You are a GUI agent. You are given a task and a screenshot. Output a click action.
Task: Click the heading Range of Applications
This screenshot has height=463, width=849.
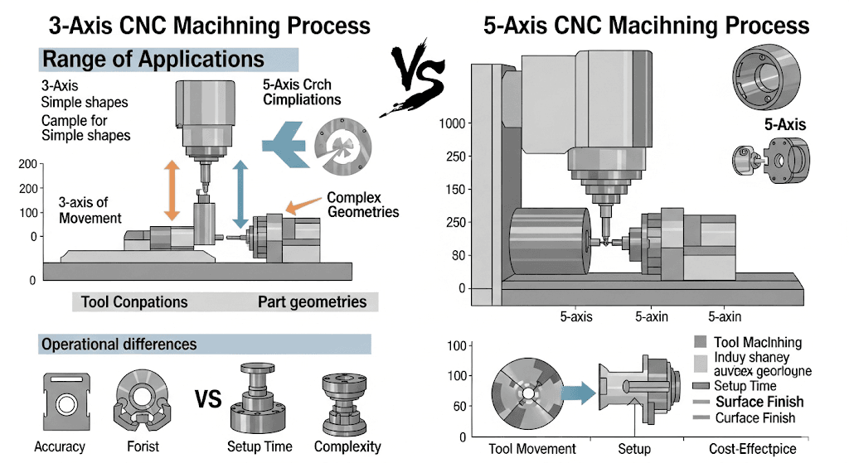point(153,60)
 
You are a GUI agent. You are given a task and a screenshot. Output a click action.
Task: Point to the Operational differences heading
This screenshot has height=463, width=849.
point(119,344)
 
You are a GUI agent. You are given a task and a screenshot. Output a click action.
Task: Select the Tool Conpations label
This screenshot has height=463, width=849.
point(134,301)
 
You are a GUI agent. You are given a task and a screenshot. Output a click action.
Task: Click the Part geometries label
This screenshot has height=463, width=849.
point(312,301)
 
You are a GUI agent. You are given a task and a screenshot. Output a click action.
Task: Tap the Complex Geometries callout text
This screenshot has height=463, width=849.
point(363,205)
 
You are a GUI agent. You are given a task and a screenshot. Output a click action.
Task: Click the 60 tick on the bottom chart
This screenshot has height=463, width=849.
point(462,407)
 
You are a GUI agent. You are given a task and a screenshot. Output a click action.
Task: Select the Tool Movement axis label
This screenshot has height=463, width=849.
point(533,448)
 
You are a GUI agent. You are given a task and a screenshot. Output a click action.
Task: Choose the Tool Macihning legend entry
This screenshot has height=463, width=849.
point(756,342)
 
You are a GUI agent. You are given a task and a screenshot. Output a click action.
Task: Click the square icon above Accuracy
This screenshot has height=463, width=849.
point(60,403)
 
